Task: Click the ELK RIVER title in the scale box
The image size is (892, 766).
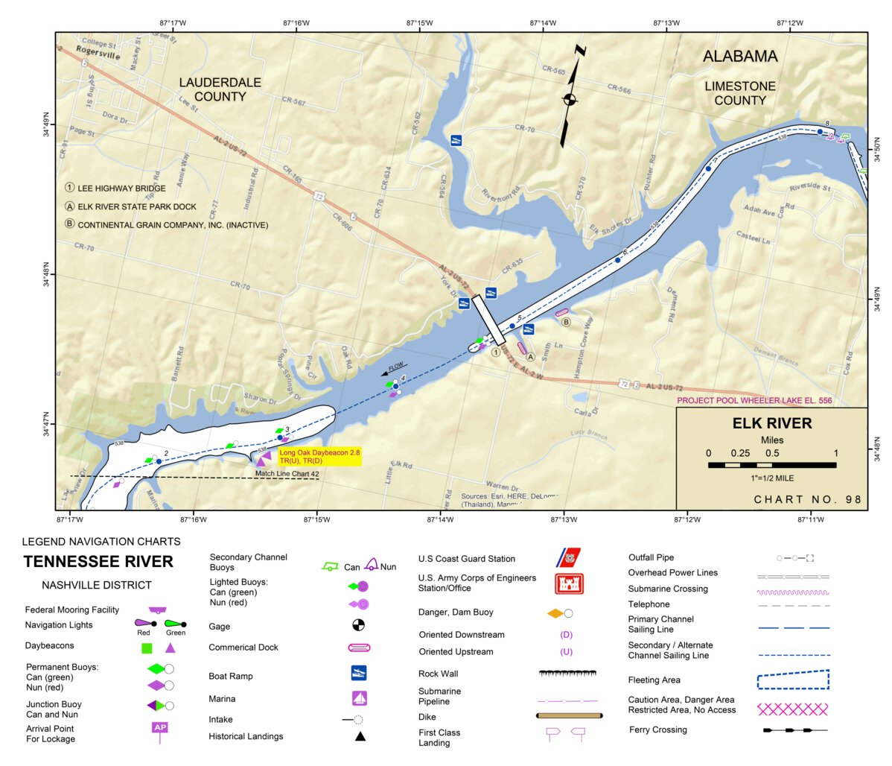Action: coord(772,423)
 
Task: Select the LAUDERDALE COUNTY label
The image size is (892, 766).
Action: coord(220,89)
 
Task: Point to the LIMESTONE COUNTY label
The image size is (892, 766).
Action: coord(740,93)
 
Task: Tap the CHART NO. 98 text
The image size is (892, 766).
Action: coord(807,499)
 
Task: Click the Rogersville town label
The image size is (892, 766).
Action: coord(98,54)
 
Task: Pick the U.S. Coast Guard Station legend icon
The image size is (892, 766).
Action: coord(569,557)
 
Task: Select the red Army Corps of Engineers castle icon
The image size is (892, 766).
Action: coord(569,583)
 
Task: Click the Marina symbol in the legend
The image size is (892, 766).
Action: coord(359,698)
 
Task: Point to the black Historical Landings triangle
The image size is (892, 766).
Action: coord(360,736)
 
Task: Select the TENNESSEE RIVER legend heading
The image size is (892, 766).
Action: coord(98,562)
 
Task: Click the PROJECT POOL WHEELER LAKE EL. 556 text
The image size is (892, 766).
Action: coord(754,401)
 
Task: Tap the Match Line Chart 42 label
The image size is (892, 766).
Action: coord(287,474)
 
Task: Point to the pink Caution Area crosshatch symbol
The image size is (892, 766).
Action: coord(792,709)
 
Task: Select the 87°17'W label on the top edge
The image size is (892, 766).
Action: coord(173,23)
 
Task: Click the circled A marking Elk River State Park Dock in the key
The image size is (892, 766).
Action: coord(70,206)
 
